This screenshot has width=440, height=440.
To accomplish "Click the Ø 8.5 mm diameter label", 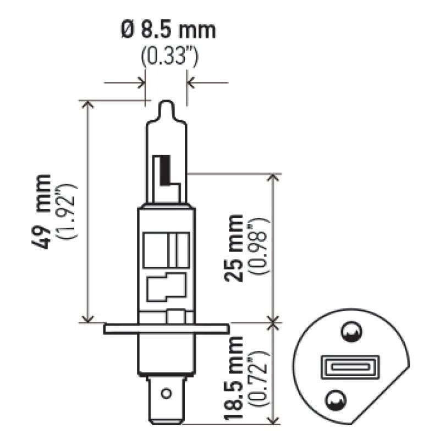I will (x=168, y=30).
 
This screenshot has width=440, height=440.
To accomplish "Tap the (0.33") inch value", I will (x=168, y=57).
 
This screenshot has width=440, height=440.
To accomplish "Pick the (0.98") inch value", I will (x=257, y=248).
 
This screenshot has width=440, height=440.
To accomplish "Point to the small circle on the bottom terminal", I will (x=166, y=394).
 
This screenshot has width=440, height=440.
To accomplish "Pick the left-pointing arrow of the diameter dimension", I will (x=192, y=84).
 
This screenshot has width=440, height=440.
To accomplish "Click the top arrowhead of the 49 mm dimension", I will (x=86, y=106).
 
